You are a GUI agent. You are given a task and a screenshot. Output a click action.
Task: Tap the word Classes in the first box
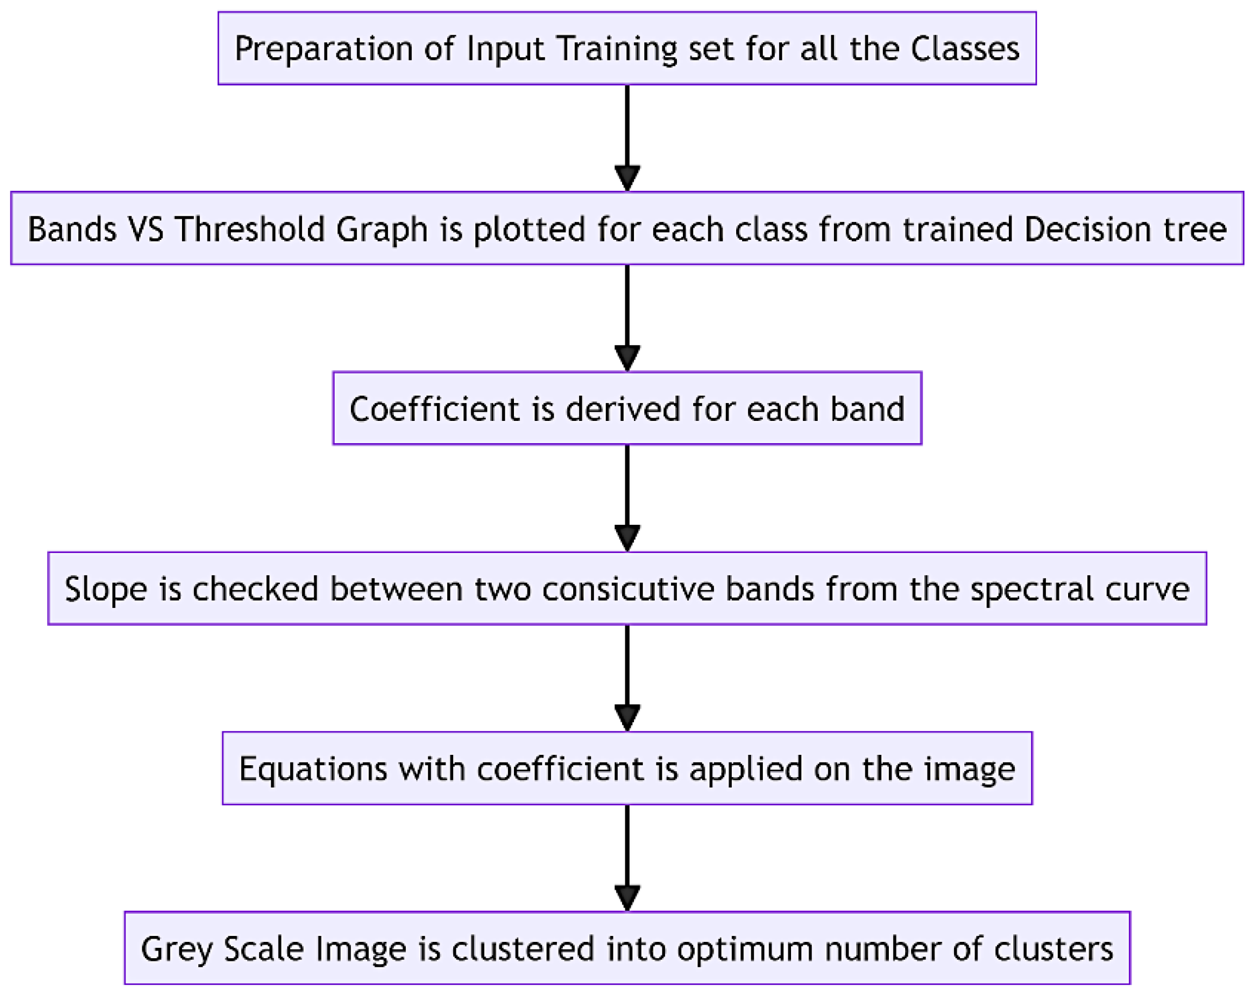click(x=964, y=49)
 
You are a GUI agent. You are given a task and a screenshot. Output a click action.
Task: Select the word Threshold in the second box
click(x=249, y=229)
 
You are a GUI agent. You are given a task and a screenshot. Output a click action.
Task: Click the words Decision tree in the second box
click(x=1125, y=229)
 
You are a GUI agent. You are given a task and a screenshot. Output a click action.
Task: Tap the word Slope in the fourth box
click(x=106, y=589)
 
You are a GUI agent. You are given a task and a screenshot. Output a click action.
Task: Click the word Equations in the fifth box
click(x=313, y=769)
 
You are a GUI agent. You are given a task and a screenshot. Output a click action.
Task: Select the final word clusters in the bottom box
click(x=1053, y=949)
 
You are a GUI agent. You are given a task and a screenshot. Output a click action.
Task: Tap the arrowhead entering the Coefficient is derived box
click(x=627, y=357)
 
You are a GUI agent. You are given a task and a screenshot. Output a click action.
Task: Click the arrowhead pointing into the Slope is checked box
click(x=627, y=537)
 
